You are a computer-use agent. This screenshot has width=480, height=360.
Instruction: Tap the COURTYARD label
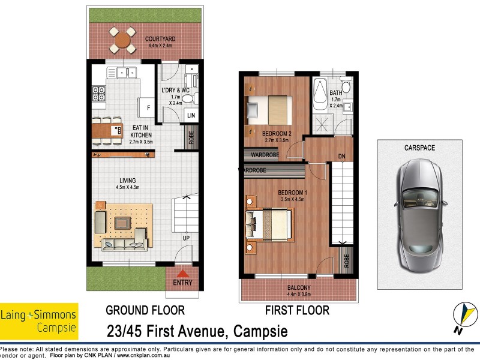click(x=160, y=39)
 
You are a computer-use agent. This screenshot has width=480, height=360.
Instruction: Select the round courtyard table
click(x=122, y=40)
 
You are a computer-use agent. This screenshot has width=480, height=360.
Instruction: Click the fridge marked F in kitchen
click(x=148, y=110)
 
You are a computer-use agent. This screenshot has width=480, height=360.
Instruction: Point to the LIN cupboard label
click(x=191, y=115)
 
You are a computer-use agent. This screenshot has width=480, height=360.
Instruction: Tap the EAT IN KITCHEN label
click(x=142, y=131)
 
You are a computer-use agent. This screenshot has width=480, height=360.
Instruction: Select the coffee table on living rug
click(x=123, y=223)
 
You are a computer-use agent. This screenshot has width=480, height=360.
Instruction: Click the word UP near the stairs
click(x=187, y=238)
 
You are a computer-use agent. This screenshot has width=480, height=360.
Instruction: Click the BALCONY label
click(x=298, y=287)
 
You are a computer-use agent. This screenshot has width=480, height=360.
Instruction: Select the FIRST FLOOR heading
click(x=297, y=310)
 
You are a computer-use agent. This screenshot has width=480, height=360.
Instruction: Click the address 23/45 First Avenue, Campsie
click(x=197, y=331)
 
